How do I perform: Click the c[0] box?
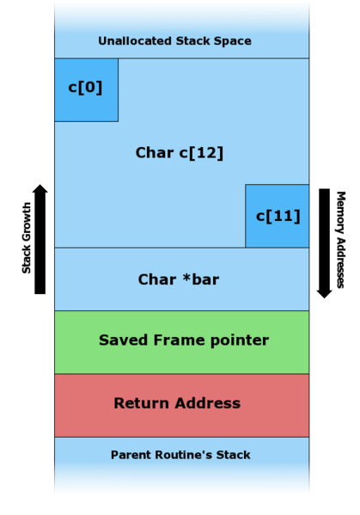point(86,89)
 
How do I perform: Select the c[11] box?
point(278,216)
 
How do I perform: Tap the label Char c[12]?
point(180,153)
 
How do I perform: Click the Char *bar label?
point(179,279)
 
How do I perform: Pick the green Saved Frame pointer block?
point(181,342)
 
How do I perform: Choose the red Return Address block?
point(181,405)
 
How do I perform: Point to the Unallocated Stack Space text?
point(174,41)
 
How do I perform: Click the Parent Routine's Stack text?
point(180,455)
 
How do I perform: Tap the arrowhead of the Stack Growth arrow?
point(40,190)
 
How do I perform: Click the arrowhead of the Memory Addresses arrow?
point(324,291)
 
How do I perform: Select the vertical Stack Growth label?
point(27,238)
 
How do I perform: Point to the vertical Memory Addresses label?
point(340,239)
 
